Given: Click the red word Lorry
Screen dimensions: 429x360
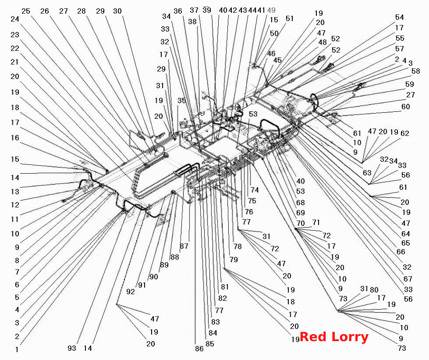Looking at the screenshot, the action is [350, 337].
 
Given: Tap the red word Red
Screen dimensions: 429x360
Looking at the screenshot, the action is [314, 337].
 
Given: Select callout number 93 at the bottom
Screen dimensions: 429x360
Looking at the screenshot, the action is [72, 348].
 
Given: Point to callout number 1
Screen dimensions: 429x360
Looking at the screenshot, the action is [17, 349].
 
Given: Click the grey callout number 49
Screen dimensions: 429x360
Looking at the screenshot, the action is [271, 10].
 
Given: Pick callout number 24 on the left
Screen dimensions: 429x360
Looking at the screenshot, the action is [15, 19].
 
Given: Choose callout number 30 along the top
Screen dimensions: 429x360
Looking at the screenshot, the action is [117, 11].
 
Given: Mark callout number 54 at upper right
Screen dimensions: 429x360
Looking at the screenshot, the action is [400, 17].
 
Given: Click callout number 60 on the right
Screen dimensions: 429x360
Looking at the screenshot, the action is [405, 107].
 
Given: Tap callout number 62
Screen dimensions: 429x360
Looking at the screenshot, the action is [404, 133].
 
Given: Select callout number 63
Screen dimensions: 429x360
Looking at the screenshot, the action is [367, 172].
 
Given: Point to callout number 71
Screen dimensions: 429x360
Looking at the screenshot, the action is [316, 222].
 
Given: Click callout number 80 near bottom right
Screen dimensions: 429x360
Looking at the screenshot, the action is [374, 290].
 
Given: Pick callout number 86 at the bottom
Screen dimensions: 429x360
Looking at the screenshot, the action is [199, 349].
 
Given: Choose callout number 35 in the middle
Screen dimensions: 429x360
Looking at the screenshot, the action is [181, 100].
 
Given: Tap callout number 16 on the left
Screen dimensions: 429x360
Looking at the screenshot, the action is [15, 138].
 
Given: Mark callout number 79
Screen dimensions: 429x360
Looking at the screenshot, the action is [234, 259].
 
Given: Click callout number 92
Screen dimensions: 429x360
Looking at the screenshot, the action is [131, 292].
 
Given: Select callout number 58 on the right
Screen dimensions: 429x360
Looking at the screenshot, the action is [415, 71].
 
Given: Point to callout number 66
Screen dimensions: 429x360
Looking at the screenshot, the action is [401, 252].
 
